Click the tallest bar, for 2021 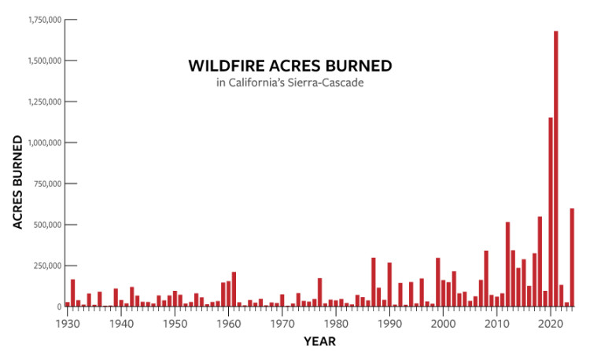[555, 169]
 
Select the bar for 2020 [551, 212]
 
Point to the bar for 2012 [507, 264]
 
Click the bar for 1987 [373, 282]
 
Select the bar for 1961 [234, 289]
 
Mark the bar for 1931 [72, 293]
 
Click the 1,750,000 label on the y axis [45, 20]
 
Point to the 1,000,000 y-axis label [45, 142]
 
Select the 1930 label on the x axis [68, 324]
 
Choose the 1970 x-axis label [282, 324]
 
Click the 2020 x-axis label [551, 324]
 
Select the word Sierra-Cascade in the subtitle [326, 83]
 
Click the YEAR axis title [320, 341]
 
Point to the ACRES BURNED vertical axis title [17, 182]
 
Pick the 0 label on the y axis [59, 307]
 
